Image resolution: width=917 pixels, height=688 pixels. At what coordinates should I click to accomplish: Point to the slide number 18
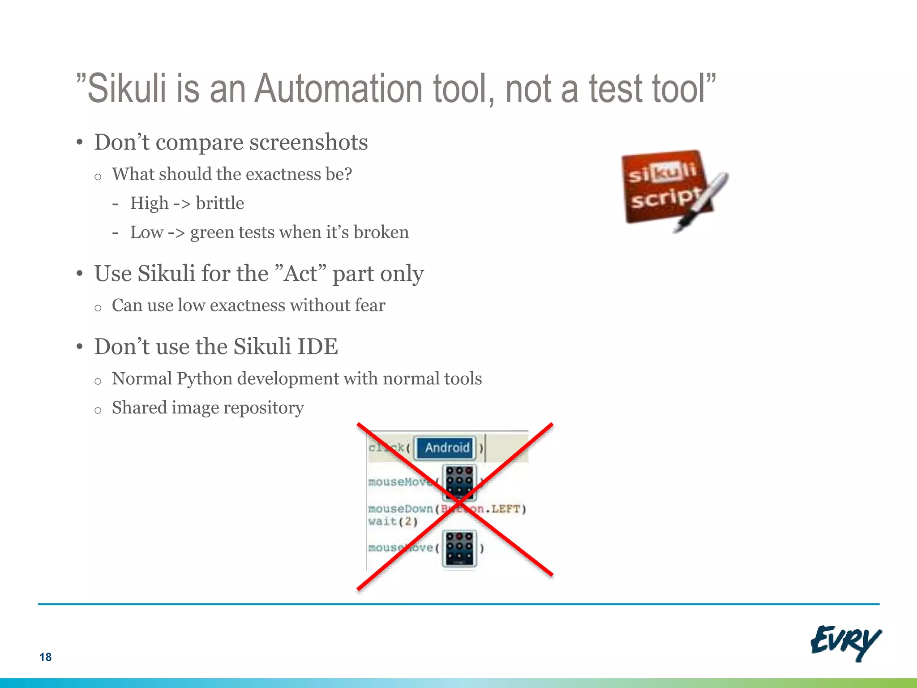[x=45, y=657]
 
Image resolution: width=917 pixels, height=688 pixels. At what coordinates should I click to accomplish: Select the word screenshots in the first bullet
[x=309, y=142]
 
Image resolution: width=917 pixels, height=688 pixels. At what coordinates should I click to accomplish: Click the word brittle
[x=219, y=203]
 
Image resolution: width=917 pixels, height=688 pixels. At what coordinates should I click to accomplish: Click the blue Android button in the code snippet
[x=446, y=447]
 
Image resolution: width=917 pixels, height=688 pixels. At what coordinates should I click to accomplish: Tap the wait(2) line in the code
[x=393, y=521]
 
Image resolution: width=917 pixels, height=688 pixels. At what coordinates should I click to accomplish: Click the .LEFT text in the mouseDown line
[x=506, y=509]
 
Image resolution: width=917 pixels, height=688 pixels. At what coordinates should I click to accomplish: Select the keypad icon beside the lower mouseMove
[x=459, y=549]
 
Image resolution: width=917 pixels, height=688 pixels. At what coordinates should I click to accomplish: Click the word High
[x=149, y=203]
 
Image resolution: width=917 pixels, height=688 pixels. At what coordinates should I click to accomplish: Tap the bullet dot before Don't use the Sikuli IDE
[x=80, y=347]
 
